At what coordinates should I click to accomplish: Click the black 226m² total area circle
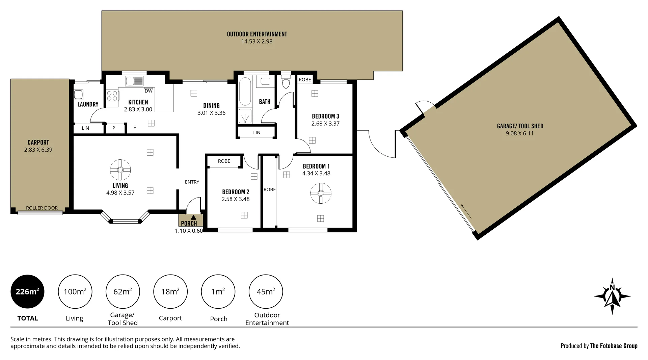tap(27, 291)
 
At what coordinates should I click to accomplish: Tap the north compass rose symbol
tap(612, 297)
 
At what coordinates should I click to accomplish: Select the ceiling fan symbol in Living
tap(120, 170)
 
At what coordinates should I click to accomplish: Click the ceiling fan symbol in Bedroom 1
tap(321, 193)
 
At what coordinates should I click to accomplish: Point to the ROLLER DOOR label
tap(42, 208)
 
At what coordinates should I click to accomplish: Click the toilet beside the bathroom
tap(286, 82)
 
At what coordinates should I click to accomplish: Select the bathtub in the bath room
tap(245, 91)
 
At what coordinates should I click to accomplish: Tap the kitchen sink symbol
tap(134, 81)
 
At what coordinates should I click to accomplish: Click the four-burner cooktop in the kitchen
tap(112, 96)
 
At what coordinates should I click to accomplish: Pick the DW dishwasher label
tap(148, 91)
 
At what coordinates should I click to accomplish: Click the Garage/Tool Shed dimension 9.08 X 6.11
tap(519, 133)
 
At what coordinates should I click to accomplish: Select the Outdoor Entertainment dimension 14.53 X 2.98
tap(256, 42)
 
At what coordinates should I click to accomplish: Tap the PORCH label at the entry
tap(189, 223)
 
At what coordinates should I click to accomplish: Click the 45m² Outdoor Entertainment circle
tap(266, 291)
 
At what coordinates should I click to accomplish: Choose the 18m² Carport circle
tap(170, 291)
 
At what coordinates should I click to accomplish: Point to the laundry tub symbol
tap(79, 94)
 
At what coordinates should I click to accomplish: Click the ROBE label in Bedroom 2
tap(224, 161)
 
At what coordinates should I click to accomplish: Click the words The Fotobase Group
tap(613, 346)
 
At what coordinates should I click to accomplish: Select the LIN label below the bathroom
tap(256, 133)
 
